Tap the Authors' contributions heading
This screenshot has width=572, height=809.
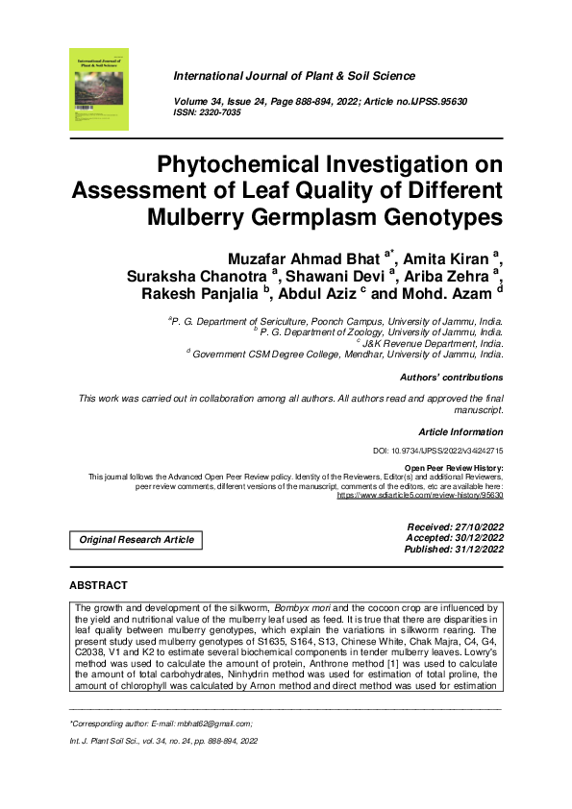pyautogui.click(x=451, y=378)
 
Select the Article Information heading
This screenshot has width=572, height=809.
pyautogui.click(x=460, y=432)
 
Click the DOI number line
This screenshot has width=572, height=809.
pyautogui.click(x=437, y=451)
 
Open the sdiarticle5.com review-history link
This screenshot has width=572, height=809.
pyautogui.click(x=419, y=496)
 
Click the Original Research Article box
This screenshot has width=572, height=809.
pyautogui.click(x=136, y=539)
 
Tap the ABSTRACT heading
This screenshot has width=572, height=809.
pyautogui.click(x=98, y=585)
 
